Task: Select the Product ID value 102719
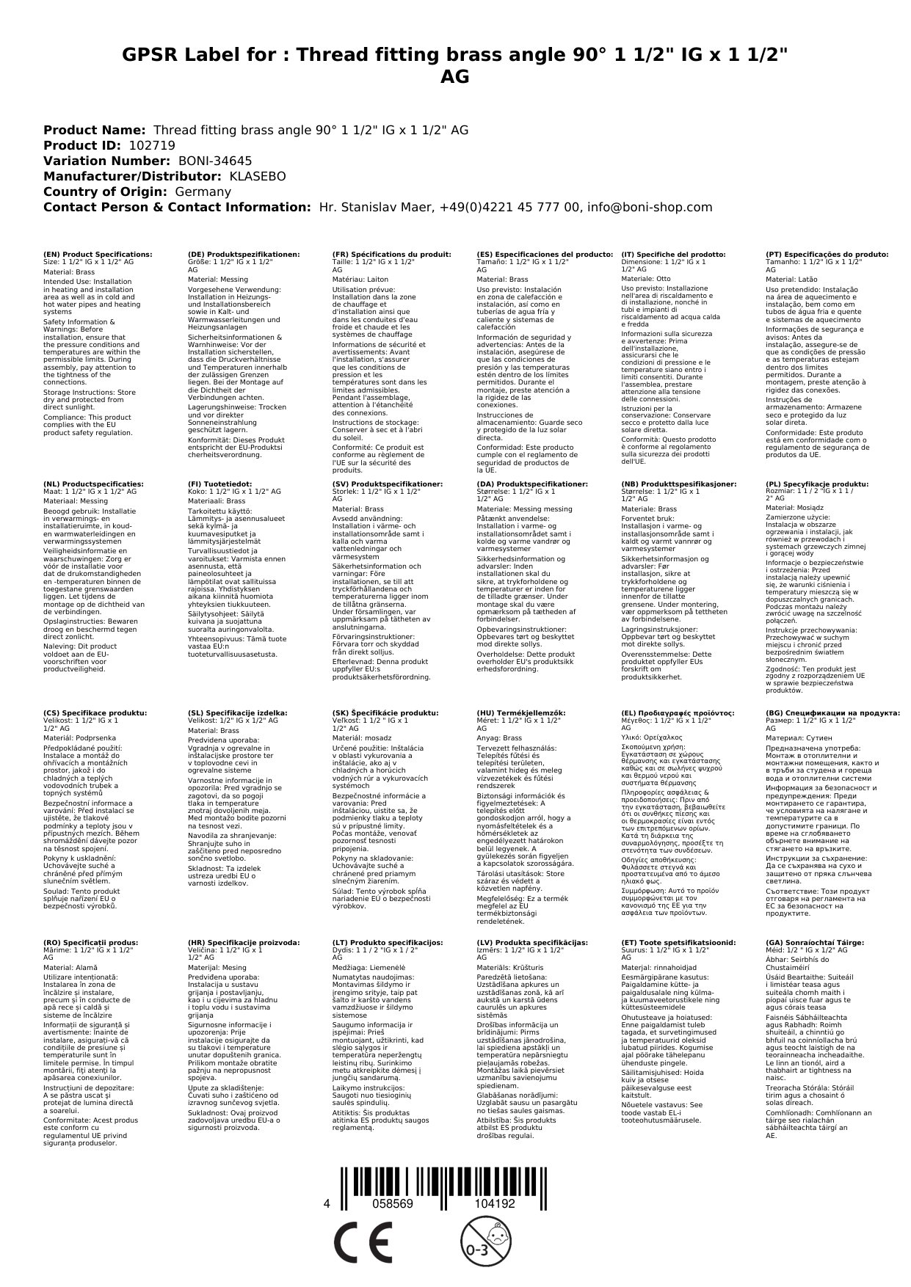coord(152,146)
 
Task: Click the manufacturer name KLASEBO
coord(258,177)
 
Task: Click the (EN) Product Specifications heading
coord(98,255)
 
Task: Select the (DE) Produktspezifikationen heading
coord(244,255)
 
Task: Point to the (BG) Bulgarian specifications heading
coord(832,712)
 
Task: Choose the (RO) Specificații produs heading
coord(90,942)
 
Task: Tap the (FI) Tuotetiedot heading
coord(219,484)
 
